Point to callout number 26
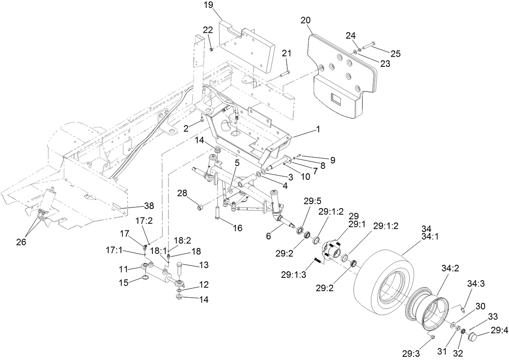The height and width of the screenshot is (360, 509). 21,242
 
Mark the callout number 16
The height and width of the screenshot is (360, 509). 238,228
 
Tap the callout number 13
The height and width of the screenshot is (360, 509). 204,265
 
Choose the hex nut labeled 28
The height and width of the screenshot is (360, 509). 199,208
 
